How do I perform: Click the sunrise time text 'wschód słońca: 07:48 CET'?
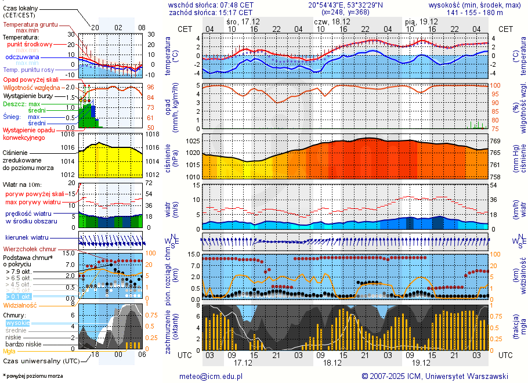pyautogui.click(x=211, y=5)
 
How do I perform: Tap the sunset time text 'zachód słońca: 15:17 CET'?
pyautogui.click(x=211, y=12)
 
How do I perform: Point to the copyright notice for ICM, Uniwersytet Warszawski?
pyautogui.click(x=435, y=376)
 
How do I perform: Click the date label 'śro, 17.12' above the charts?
pyautogui.click(x=243, y=21)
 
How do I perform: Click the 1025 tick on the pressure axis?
pyautogui.click(x=193, y=141)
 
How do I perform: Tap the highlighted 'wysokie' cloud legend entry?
pyautogui.click(x=17, y=323)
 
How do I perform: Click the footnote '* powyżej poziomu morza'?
pyautogui.click(x=32, y=376)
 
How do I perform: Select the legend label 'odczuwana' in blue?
pyautogui.click(x=23, y=57)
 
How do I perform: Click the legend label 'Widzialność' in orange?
pyautogui.click(x=20, y=305)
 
